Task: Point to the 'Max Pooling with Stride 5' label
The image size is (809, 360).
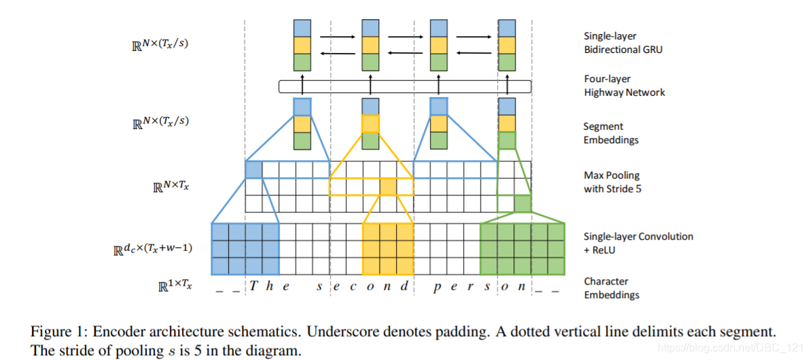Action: coord(611,182)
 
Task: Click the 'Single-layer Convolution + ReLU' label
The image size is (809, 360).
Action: coord(638,243)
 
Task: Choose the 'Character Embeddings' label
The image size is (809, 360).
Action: coord(611,288)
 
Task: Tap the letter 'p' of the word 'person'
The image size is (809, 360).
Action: coord(437,287)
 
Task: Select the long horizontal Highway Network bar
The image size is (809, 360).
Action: coord(405,87)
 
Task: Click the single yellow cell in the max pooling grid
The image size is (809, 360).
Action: coord(388,187)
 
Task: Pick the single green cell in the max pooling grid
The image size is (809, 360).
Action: coord(522,203)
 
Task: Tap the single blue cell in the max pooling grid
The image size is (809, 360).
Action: coord(253,170)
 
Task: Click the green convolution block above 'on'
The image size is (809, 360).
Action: coord(522,249)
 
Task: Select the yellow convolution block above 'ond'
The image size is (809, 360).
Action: coord(388,249)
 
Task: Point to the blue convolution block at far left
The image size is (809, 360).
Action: coord(245,249)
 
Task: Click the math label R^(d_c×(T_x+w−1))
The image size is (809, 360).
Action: coord(152,249)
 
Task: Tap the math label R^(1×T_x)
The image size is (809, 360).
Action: coord(175,286)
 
